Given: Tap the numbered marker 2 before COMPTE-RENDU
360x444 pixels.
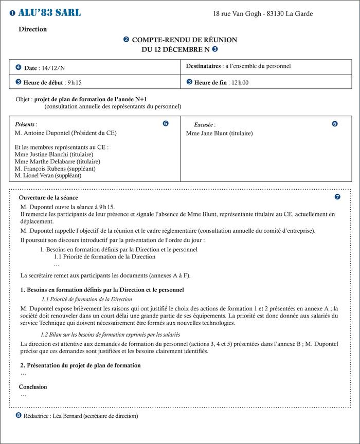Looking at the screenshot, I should [127, 39].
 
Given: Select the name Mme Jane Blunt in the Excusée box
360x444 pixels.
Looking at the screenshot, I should [208, 134].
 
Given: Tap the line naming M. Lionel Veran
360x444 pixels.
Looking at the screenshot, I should [48, 175].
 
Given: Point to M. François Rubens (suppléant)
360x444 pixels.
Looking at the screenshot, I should [55, 169].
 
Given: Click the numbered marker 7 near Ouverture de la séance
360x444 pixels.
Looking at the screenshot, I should [337, 197].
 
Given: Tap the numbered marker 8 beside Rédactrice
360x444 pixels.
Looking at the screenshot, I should [19, 415].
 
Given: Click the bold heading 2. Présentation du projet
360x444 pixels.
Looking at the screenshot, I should [80, 365].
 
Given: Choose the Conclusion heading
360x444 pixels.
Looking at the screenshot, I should [33, 386].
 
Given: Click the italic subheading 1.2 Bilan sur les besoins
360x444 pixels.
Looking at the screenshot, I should [111, 335].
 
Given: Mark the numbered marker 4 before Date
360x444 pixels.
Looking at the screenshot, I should [19, 67].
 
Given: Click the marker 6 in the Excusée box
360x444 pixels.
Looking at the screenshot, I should [335, 124].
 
